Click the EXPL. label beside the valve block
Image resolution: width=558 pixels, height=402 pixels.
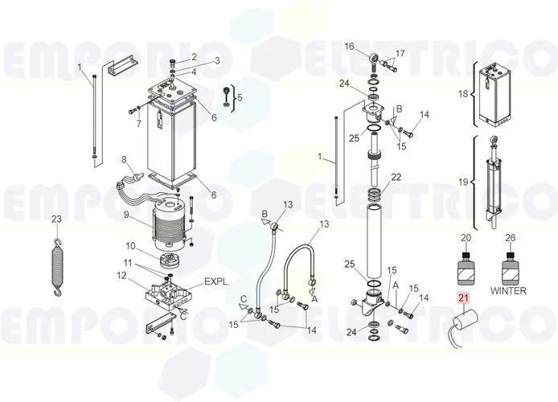point(216,282)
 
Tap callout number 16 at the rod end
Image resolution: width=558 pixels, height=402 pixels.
point(350,46)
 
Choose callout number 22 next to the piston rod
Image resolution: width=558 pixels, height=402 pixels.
point(396,177)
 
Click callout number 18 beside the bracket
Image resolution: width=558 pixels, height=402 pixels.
point(462,94)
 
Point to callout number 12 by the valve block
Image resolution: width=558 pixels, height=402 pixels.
point(121,275)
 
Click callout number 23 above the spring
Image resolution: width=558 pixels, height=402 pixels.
point(55,219)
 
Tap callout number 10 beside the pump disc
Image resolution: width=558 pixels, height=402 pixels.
point(129,245)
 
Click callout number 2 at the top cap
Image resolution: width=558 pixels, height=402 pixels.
point(193,55)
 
